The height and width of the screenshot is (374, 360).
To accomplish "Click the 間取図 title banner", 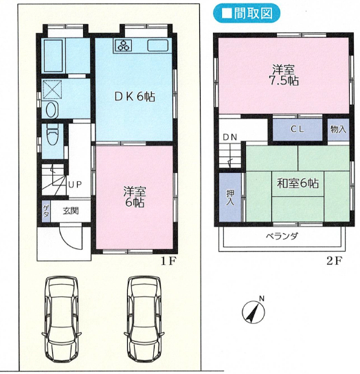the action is coord(246,13).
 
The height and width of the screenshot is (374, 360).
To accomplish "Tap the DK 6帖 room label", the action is coord(135,97).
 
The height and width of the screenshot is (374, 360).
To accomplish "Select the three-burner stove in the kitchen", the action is coord(124,45).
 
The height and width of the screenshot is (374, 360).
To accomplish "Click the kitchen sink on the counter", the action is coord(157,45).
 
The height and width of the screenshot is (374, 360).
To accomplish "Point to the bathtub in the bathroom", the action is coord(53,56).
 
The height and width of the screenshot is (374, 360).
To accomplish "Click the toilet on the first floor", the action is coord(52,134).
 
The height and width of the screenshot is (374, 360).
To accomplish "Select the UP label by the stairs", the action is coord(75,185).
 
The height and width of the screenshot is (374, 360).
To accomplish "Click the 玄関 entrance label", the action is coord(71,211).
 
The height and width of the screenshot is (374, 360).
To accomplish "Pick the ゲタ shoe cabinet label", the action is coord(46,211).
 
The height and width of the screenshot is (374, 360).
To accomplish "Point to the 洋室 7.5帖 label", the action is coord(284,75).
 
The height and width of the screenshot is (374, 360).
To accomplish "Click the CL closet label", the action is coord(297,129).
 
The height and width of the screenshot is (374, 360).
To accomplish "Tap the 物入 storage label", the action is coord(338,130).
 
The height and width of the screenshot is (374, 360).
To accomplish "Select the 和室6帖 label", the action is coord(297,183).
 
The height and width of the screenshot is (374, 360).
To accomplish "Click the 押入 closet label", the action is coord(230,197).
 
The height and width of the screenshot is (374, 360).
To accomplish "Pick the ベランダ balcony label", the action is coord(282,236).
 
